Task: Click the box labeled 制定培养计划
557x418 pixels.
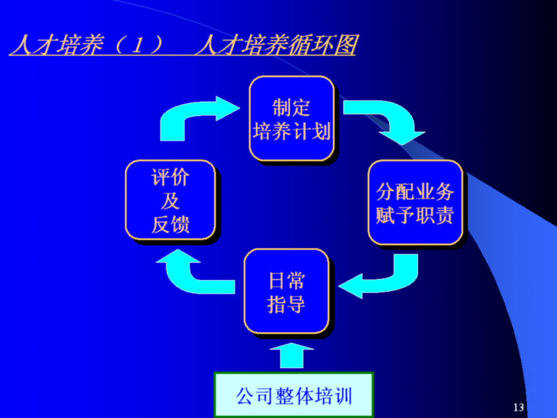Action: coord(291,119)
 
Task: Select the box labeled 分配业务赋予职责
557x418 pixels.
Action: coord(415,202)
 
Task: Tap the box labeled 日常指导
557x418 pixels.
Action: coord(286,292)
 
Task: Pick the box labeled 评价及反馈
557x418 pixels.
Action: coord(170,200)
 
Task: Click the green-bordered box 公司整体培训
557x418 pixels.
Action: coord(293,395)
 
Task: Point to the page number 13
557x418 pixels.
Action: coord(518,407)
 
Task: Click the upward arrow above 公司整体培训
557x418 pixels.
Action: coord(290,356)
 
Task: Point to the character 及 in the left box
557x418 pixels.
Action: coord(170,201)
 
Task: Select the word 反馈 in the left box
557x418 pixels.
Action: coord(170,224)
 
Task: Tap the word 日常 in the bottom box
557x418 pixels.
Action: coord(286,281)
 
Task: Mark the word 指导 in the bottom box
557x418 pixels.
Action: coord(286,304)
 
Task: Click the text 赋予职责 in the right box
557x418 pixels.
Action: coord(415,215)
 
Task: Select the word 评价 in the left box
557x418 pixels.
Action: coord(170,178)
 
